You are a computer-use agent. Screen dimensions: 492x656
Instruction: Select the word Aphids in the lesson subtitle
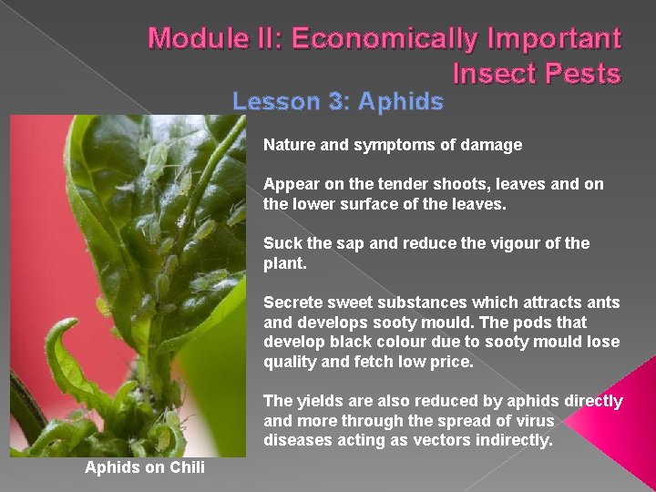[400, 101]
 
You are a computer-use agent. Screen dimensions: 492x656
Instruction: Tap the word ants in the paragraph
[604, 302]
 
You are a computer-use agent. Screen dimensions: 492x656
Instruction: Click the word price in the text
[452, 362]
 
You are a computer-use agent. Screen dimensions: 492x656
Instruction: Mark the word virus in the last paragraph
[536, 421]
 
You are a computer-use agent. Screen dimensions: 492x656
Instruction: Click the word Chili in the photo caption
[186, 467]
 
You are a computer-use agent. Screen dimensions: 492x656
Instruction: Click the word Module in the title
[192, 39]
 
